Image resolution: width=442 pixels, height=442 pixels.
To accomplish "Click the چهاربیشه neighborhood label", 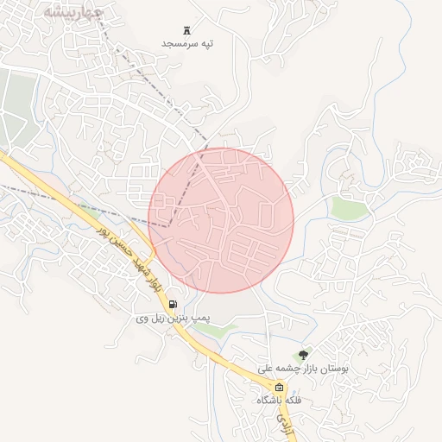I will point(73,13).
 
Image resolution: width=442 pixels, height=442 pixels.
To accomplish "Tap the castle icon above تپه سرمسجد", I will point(188,30).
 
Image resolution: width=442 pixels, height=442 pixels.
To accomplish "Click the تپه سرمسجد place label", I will point(188,42).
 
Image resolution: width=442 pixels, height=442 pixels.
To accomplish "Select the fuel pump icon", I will point(174,304).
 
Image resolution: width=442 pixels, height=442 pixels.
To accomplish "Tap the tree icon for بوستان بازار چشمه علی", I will point(303,354).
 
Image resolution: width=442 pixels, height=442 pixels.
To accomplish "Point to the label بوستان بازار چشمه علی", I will point(303,368).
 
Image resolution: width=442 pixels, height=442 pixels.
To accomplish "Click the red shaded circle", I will point(221,221).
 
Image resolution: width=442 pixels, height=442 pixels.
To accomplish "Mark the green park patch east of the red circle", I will point(350,207).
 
